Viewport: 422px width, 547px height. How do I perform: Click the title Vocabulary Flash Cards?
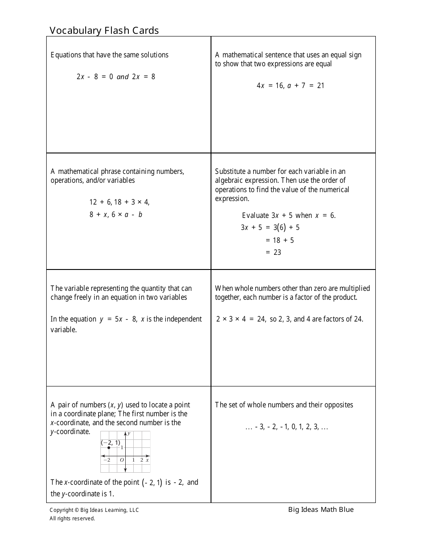pyautogui.click(x=104, y=30)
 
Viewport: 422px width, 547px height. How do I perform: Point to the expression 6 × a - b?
pyautogui.click(x=127, y=214)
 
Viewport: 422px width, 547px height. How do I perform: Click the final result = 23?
pyautogui.click(x=273, y=252)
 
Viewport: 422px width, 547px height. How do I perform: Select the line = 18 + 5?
pyautogui.click(x=279, y=240)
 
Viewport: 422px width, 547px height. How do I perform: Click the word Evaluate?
pyautogui.click(x=255, y=215)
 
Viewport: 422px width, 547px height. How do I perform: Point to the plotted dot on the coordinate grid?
pyautogui.click(x=109, y=448)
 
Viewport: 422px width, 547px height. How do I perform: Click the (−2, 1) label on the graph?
pyautogui.click(x=110, y=442)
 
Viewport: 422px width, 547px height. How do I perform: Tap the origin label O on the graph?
pyautogui.click(x=122, y=460)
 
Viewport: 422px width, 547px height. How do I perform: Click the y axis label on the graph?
pyautogui.click(x=129, y=434)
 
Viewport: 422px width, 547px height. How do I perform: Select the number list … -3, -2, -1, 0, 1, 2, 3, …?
pyautogui.click(x=287, y=427)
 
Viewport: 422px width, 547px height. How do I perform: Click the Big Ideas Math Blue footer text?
pyautogui.click(x=321, y=510)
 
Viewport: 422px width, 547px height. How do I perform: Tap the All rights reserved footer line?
pyautogui.click(x=72, y=518)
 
